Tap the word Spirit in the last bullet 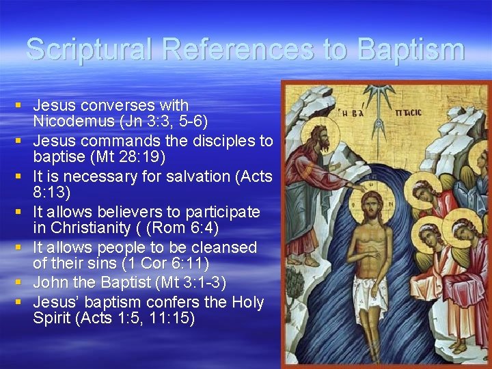pos(55,318)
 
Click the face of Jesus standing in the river pos(371,205)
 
